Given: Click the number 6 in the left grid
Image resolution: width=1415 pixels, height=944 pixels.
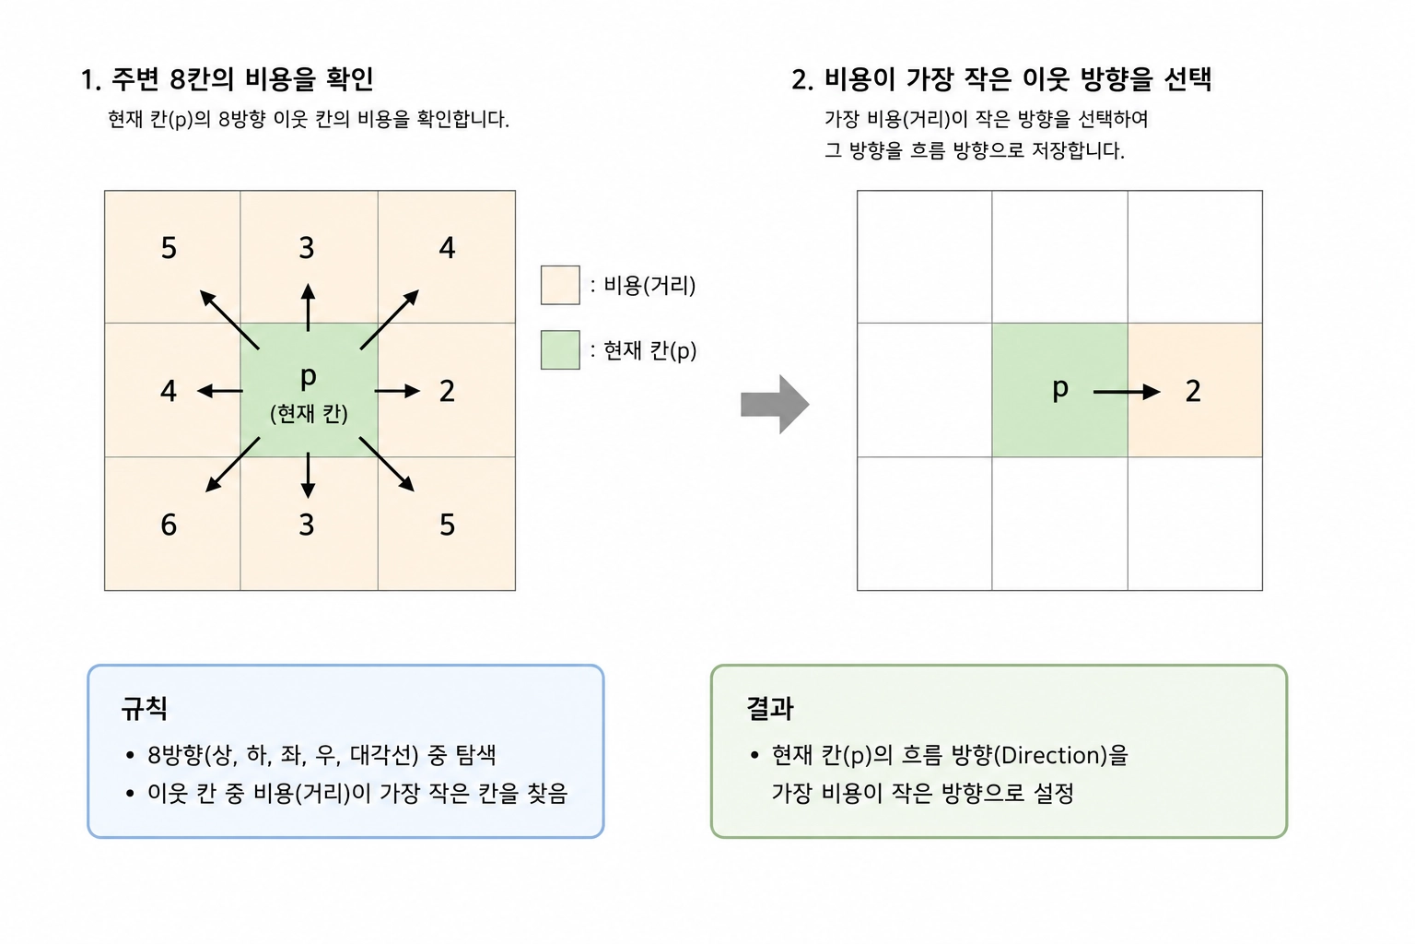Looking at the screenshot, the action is click(x=169, y=525).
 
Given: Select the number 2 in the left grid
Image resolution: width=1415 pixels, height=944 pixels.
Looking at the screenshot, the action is click(x=447, y=392).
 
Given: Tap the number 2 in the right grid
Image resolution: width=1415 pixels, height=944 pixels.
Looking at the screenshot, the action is click(x=1193, y=392).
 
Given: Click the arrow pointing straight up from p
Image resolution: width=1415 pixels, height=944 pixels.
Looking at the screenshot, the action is click(x=308, y=307).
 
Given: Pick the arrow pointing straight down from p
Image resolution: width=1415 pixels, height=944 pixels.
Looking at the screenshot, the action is click(x=308, y=475).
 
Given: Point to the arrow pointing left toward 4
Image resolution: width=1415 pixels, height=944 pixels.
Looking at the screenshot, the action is click(x=220, y=392).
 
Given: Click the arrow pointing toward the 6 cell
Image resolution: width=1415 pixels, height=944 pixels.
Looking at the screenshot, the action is click(x=232, y=464).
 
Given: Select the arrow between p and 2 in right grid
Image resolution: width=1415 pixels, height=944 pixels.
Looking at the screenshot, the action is click(x=1127, y=392).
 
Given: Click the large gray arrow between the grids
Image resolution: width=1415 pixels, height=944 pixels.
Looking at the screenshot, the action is click(x=775, y=405).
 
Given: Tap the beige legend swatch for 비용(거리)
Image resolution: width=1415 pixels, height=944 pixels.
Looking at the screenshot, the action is click(x=560, y=285).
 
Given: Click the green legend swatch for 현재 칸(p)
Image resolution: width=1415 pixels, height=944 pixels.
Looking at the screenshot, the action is click(x=560, y=349).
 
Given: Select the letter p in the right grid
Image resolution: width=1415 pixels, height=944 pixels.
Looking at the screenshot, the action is click(x=1060, y=389).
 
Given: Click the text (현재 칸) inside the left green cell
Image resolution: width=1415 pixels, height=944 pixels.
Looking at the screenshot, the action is click(x=309, y=414).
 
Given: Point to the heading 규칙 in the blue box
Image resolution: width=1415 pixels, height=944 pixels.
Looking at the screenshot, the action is click(x=145, y=708).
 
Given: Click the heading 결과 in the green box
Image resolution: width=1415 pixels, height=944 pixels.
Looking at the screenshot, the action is click(x=770, y=708).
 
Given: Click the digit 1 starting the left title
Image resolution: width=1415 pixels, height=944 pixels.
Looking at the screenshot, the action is click(x=88, y=80).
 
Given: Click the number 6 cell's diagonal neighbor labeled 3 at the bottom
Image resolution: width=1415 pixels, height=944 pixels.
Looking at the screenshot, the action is click(x=307, y=525).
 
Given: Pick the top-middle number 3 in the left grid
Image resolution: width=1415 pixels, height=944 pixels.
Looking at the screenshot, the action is click(x=307, y=248).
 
